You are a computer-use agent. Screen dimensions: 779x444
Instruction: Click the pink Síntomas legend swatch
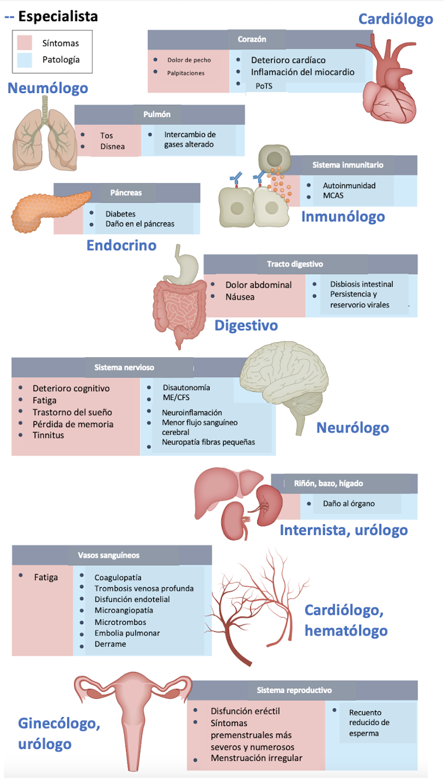click(x=24, y=43)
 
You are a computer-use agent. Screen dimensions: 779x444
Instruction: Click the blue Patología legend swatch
click(x=24, y=59)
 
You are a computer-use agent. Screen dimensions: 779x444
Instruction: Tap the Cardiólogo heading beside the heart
click(x=396, y=19)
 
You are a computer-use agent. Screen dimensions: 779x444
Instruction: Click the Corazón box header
click(x=252, y=39)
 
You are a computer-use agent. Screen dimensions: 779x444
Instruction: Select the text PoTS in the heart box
click(x=264, y=86)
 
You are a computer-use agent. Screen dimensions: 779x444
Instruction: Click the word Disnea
click(x=112, y=147)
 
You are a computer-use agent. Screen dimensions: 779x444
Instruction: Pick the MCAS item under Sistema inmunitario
click(x=333, y=195)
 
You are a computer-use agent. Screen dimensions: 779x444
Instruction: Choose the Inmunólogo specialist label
click(x=343, y=217)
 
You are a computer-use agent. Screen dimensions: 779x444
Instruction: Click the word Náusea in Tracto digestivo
click(x=240, y=297)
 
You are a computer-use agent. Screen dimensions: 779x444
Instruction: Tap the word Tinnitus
click(x=48, y=435)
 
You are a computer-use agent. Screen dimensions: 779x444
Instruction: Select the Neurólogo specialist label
click(x=352, y=428)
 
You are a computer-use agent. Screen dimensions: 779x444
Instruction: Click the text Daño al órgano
click(x=349, y=504)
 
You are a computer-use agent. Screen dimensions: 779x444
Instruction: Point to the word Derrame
click(x=110, y=644)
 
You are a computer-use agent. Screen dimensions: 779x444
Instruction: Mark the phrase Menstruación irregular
click(x=256, y=758)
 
